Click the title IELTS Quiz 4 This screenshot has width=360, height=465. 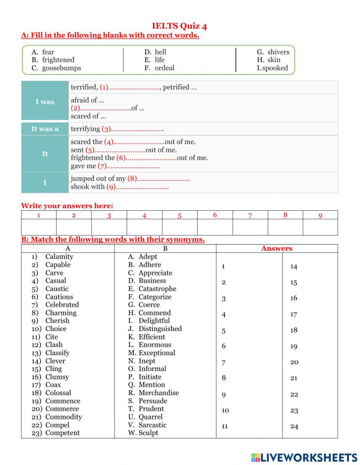coord(179,26)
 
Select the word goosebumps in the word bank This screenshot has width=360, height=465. coord(62,68)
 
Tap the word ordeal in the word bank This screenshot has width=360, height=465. coord(165,68)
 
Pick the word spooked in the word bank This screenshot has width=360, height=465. coord(275,68)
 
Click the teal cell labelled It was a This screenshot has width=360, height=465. coord(45,129)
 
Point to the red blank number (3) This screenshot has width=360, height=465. coord(106,129)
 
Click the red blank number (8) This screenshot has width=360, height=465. coord(132,179)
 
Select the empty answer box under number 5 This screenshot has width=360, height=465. coord(180,227)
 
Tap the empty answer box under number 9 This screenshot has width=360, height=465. coord(320,227)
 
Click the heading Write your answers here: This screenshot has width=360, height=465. coord(67,206)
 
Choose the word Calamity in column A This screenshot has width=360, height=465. coord(59,257)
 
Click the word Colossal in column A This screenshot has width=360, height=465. coord(58,393)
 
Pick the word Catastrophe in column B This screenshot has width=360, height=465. coord(157,289)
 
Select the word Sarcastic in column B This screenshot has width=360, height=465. coord(152,425)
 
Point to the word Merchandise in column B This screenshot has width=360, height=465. coord(158,393)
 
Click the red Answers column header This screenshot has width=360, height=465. coord(276,249)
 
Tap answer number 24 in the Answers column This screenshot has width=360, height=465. coord(294,427)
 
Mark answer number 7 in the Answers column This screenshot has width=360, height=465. coord(224,363)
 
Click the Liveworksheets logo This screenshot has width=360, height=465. coord(304,457)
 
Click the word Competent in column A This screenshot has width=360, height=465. coord(62,433)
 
